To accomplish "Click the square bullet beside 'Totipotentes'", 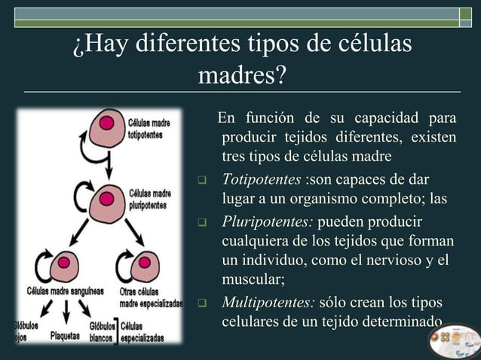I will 202,182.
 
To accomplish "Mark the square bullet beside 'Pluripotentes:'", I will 202,224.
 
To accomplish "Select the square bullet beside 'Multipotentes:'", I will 202,304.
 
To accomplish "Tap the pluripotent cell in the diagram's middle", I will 106,202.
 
